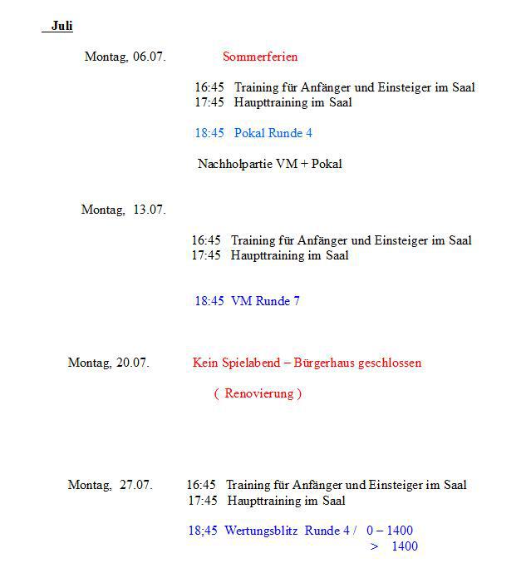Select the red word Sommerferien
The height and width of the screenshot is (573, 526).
coord(260,57)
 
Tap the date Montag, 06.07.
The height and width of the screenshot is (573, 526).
coord(125,57)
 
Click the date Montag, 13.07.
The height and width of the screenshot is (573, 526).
coord(123,210)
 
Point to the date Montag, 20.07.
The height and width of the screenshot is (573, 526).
coord(108,363)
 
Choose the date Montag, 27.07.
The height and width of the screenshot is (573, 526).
coord(110,485)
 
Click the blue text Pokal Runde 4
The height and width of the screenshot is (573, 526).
coord(273,133)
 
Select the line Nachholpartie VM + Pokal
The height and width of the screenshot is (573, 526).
coord(269,164)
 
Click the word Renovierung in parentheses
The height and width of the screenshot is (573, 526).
coord(258,393)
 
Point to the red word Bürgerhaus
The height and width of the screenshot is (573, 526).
coord(326,363)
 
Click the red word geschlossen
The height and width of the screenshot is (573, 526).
coord(390,363)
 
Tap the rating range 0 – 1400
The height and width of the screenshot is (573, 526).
coord(389,531)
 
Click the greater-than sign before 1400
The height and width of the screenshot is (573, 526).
coord(375,546)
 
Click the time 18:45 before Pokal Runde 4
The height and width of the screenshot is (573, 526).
coord(209,133)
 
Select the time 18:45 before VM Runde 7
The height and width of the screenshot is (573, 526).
coord(209,301)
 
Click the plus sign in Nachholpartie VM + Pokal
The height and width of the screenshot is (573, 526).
coord(303,164)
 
